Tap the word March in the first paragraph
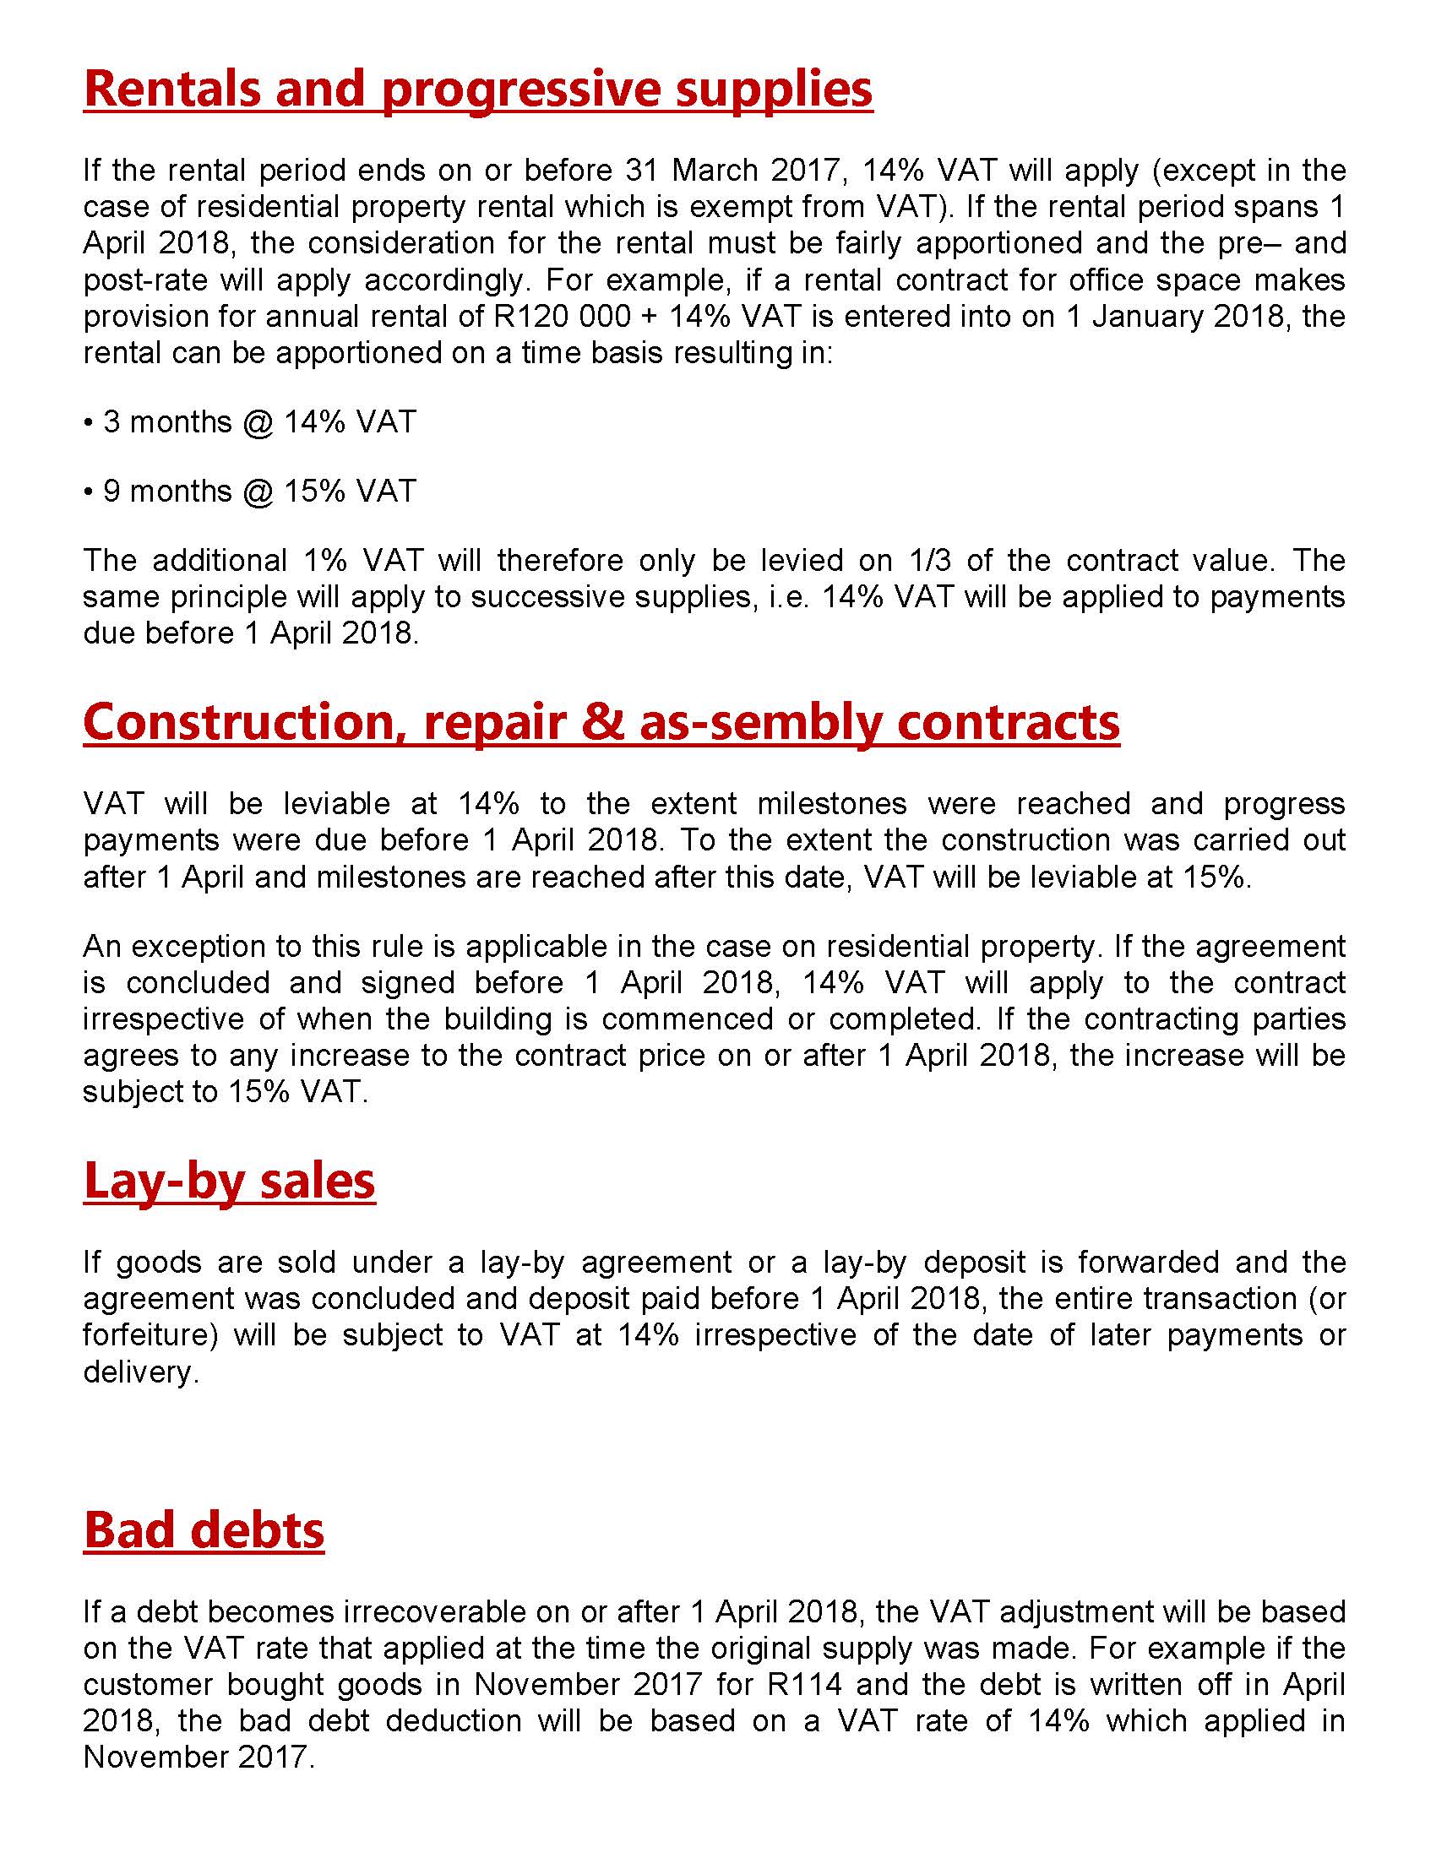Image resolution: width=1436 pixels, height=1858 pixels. pyautogui.click(x=720, y=171)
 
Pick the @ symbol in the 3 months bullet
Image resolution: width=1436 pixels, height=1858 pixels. pyautogui.click(x=258, y=422)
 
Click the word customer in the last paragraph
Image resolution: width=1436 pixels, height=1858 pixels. pyautogui.click(x=146, y=1685)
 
